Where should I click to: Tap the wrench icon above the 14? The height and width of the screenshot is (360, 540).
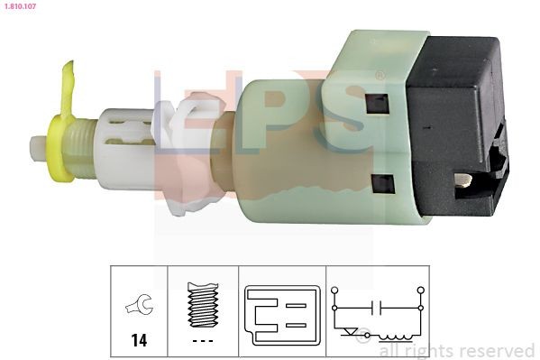tap(139, 306)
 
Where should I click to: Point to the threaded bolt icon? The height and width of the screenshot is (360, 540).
tap(203, 305)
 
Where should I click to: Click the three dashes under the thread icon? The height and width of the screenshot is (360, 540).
tap(203, 340)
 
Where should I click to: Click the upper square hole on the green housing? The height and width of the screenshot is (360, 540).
tap(377, 103)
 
